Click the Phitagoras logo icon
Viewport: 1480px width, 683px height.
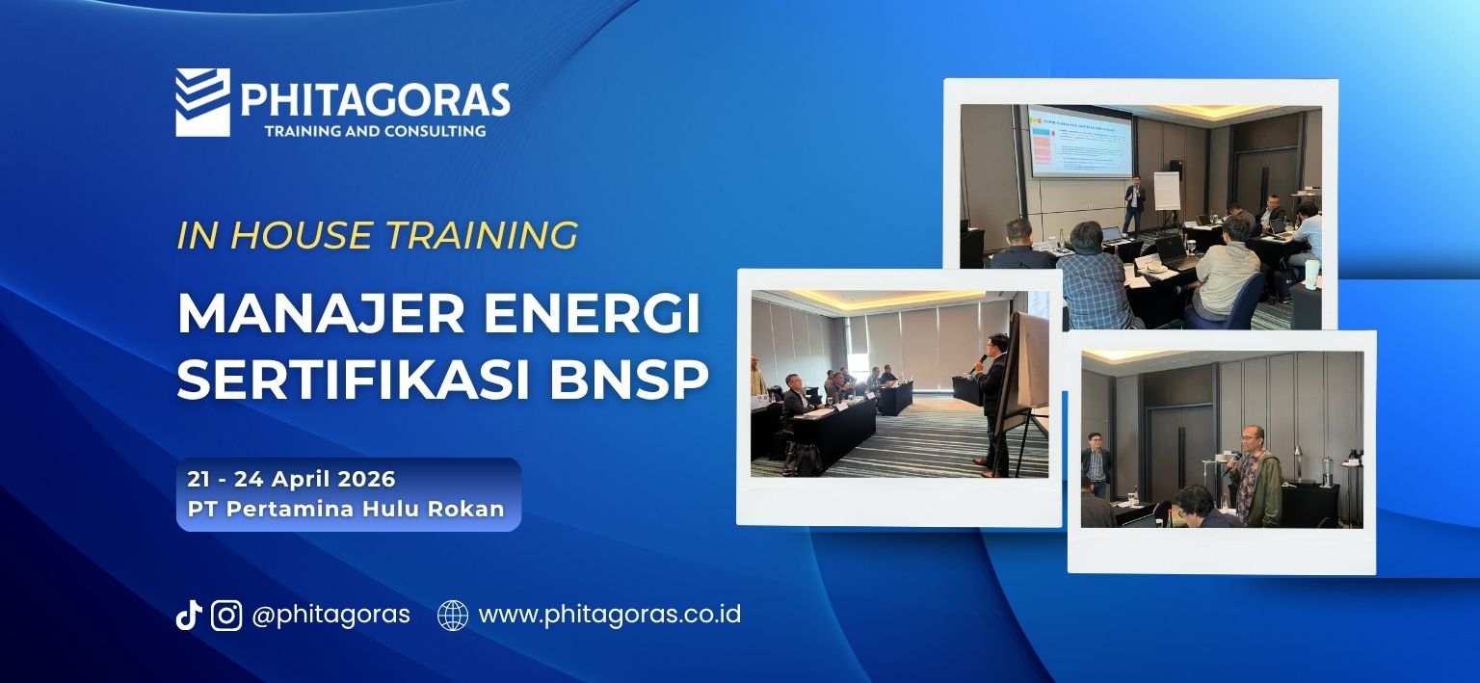202,102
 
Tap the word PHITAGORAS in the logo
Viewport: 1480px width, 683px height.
375,99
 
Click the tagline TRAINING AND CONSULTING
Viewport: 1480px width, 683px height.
375,130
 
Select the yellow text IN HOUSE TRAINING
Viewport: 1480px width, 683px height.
377,235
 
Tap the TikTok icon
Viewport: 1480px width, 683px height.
188,615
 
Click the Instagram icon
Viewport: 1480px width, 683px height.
226,615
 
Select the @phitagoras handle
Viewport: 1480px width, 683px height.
330,615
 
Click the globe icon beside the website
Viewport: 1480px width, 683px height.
453,615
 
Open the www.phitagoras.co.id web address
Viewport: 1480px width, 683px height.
609,615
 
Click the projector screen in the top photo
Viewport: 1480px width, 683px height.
1079,142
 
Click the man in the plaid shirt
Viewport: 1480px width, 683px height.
1095,279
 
